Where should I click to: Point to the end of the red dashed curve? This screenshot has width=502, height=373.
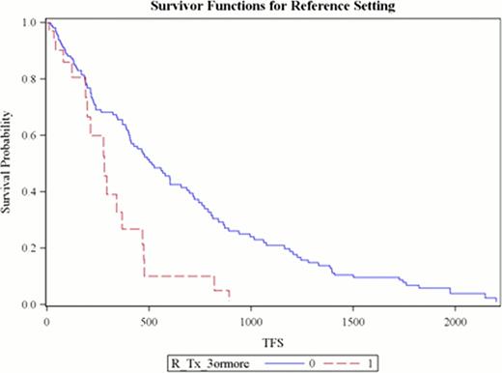point(229,298)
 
